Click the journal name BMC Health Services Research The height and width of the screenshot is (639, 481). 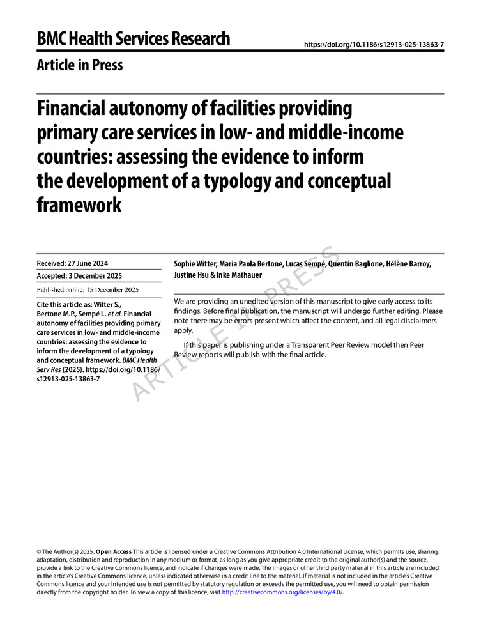coord(133,39)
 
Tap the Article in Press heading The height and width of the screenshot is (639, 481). coord(80,65)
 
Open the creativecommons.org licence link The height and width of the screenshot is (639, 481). coord(282,592)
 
